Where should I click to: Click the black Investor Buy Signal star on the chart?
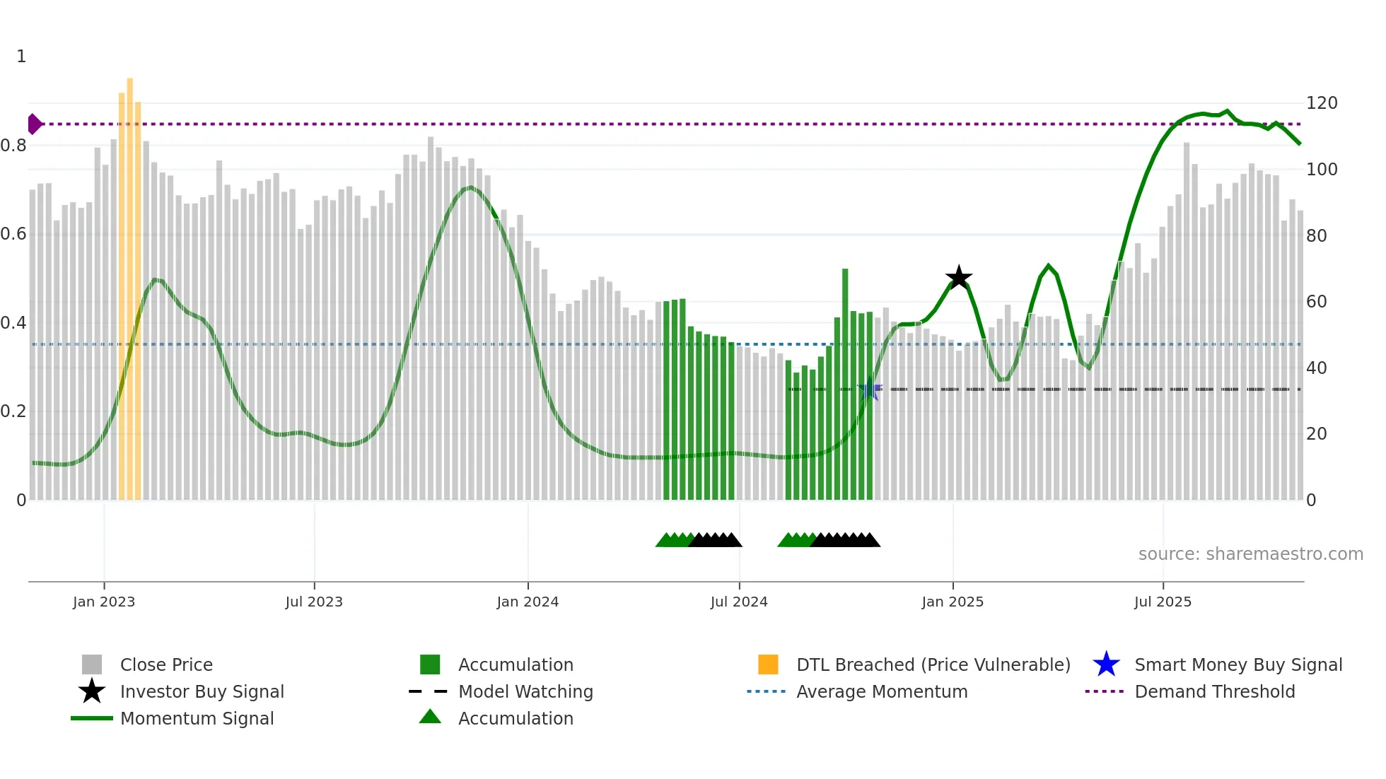[x=959, y=278]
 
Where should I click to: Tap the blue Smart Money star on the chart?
[x=870, y=389]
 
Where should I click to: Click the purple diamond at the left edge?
[x=34, y=124]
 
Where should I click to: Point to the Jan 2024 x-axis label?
[x=528, y=602]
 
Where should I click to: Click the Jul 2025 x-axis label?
[x=1163, y=602]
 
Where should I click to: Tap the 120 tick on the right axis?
[x=1321, y=103]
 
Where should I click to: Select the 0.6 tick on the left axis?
[x=13, y=234]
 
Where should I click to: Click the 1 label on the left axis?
[x=21, y=57]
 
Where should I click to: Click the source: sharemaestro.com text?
[x=1250, y=554]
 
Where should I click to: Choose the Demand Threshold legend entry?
[x=1214, y=691]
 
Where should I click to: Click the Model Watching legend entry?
[x=525, y=691]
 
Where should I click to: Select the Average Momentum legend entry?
[x=881, y=691]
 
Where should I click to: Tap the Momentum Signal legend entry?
[x=197, y=718]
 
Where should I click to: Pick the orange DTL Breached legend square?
[x=768, y=664]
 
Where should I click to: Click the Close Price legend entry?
[x=165, y=664]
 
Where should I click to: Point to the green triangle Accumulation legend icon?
[x=430, y=717]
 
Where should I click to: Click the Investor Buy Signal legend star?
[x=92, y=691]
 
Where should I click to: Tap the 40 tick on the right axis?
[x=1316, y=368]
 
